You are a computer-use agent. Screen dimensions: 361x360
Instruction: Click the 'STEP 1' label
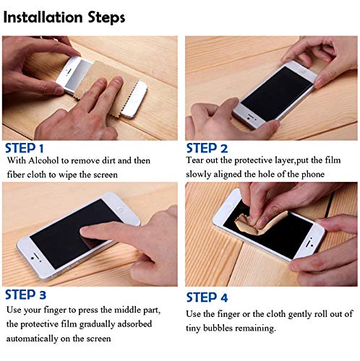click(x=30, y=149)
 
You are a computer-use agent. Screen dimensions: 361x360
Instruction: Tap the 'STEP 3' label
click(x=31, y=294)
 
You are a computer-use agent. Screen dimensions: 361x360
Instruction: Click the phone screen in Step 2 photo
click(x=275, y=95)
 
